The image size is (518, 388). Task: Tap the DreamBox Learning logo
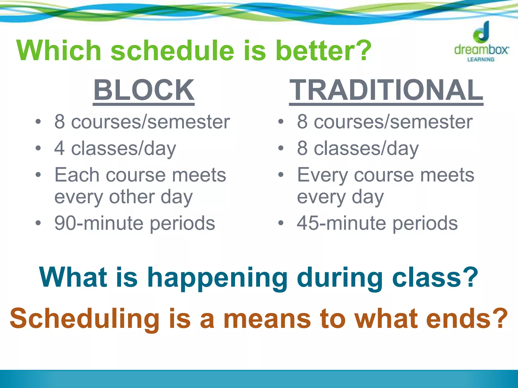pyautogui.click(x=481, y=42)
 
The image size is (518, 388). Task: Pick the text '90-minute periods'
pyautogui.click(x=135, y=223)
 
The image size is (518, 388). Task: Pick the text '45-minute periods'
pyautogui.click(x=377, y=223)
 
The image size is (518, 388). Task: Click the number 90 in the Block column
pyautogui.click(x=65, y=223)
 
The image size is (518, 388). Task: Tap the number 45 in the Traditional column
pyautogui.click(x=308, y=223)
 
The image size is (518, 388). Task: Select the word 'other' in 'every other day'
pyautogui.click(x=132, y=197)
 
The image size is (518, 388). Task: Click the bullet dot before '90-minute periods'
pyautogui.click(x=38, y=223)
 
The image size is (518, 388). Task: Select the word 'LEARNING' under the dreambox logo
pyautogui.click(x=481, y=60)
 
